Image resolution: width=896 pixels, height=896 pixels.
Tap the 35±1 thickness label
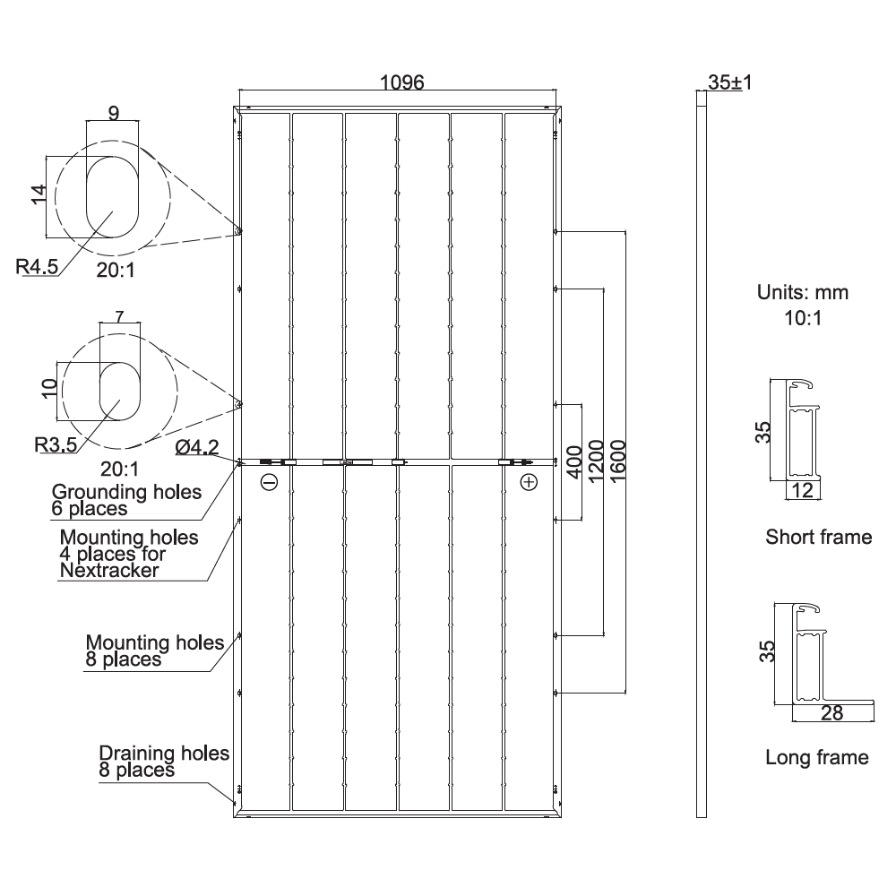[x=729, y=82]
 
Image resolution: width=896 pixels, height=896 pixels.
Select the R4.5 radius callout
[x=37, y=266]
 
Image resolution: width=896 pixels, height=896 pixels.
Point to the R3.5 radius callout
[x=55, y=443]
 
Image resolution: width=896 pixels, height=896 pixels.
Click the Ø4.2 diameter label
[x=197, y=447]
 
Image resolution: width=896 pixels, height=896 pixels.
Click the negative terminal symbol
[x=269, y=482]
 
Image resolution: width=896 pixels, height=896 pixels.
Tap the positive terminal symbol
[x=529, y=482]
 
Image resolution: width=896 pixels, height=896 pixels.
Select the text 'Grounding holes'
[x=126, y=492]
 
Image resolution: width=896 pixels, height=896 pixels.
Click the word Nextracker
[x=108, y=570]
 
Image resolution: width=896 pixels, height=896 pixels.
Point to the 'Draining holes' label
[x=164, y=754]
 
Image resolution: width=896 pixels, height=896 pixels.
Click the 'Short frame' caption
[x=818, y=538]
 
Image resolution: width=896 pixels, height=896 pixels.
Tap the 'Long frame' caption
[x=816, y=758]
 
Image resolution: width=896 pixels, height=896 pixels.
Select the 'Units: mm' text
[x=803, y=292]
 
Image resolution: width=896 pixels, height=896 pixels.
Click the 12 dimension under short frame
[x=803, y=490]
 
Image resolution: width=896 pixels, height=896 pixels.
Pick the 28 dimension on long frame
[x=832, y=712]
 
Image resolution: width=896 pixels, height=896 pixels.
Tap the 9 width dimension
[x=113, y=114]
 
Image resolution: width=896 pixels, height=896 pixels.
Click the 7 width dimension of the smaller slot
[x=120, y=316]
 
